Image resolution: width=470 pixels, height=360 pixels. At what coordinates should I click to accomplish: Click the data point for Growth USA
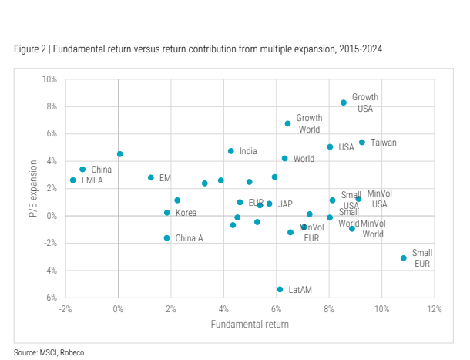coord(344,103)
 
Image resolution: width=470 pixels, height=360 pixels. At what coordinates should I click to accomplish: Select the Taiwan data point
coord(362,143)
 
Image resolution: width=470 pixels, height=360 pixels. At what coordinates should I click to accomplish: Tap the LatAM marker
coord(280,290)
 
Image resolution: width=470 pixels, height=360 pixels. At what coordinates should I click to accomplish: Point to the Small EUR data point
coord(403,258)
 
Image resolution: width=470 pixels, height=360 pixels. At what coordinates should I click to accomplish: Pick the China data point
coord(82,170)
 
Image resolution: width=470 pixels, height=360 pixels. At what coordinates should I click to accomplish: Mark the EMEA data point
coord(73,180)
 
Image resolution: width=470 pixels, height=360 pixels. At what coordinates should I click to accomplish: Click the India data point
coord(230,151)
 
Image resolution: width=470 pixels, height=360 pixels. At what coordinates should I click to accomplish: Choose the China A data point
coord(166,238)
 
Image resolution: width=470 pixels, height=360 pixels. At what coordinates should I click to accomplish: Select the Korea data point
coord(166,213)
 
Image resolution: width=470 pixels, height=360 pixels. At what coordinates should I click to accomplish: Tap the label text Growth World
coord(309,123)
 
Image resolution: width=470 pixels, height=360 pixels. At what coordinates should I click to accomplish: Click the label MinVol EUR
coord(311,233)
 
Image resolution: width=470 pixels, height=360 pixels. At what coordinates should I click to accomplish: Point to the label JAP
coord(285,204)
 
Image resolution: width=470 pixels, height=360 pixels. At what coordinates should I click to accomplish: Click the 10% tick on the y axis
coord(49,79)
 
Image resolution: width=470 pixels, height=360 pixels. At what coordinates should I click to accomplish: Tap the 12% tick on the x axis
coord(435,309)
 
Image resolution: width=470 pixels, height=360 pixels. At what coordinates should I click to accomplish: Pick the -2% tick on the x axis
coord(65,309)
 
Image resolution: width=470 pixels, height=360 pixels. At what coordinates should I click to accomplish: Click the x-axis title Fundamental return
coord(250,324)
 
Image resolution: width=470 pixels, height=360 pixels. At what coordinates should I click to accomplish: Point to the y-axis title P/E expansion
coord(34,188)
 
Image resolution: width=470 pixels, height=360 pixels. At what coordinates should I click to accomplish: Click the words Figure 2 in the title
coord(32,49)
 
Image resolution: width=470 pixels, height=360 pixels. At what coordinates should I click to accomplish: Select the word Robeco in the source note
coord(71,352)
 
